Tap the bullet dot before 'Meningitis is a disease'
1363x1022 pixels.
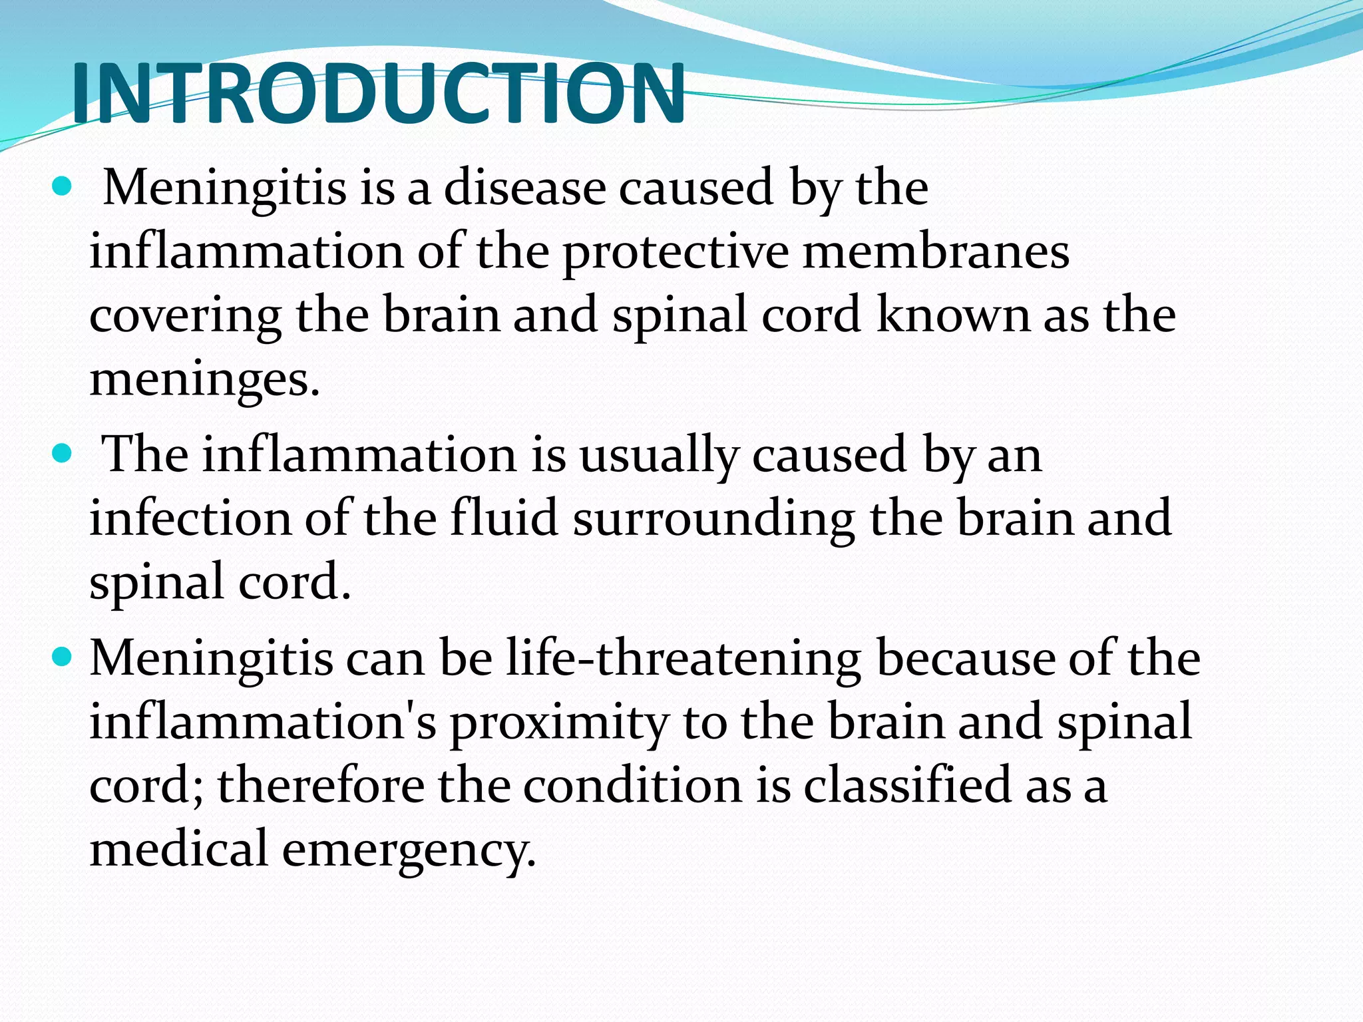[61, 187]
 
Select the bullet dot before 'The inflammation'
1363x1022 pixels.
[61, 454]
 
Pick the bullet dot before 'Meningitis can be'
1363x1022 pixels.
[61, 658]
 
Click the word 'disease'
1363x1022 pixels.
[524, 188]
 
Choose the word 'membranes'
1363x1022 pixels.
[935, 253]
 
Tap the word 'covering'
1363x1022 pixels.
[185, 317]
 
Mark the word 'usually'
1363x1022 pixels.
[659, 457]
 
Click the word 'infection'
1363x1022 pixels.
[190, 519]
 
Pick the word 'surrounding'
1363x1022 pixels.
[713, 520]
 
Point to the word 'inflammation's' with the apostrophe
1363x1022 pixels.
[263, 723]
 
